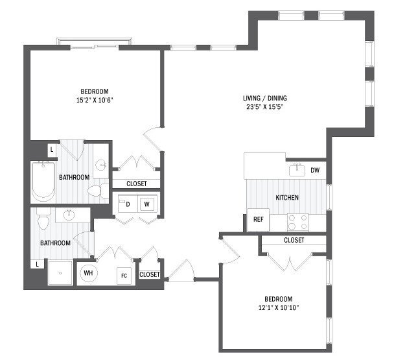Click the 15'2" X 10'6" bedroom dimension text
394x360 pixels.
(x=94, y=101)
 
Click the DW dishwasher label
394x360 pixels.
(x=315, y=171)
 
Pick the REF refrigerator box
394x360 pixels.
(x=257, y=220)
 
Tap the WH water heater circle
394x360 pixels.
(x=88, y=274)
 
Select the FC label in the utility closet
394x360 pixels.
(x=123, y=275)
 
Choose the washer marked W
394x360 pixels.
(x=147, y=204)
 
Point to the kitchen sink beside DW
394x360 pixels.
(x=297, y=170)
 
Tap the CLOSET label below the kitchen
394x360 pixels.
(x=294, y=240)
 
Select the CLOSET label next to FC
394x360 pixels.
(x=149, y=274)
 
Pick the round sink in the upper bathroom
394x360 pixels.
(x=101, y=165)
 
